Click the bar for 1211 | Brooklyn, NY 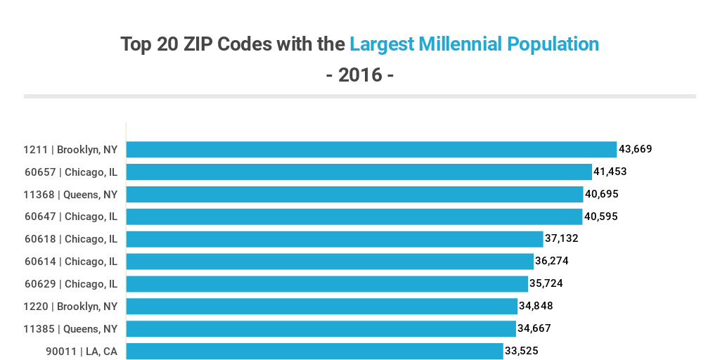click(371, 149)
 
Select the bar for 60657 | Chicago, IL click(359, 172)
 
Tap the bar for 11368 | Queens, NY click(354, 194)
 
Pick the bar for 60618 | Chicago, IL click(335, 239)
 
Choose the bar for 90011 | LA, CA click(314, 351)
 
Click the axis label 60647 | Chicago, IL click(71, 217)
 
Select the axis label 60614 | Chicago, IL click(71, 262)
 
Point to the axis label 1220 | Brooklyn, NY click(70, 307)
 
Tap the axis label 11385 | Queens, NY click(70, 329)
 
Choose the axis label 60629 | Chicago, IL click(71, 284)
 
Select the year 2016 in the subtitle click(360, 75)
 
